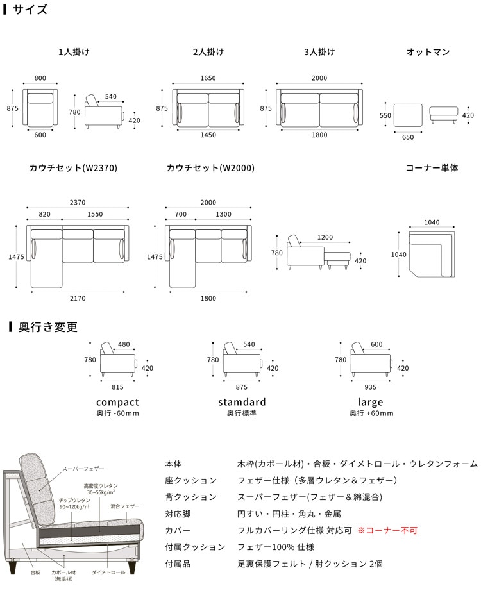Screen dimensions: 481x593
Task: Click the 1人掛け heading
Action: (74, 52)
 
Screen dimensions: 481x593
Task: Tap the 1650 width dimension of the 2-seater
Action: (208, 78)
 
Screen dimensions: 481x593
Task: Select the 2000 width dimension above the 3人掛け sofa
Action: (319, 78)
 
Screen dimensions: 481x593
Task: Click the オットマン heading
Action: (428, 52)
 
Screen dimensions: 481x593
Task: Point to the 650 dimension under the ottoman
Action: (408, 137)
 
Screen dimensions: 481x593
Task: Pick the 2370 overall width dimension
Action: (78, 203)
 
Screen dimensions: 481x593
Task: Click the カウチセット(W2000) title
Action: (210, 168)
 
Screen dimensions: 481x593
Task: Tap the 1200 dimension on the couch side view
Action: (325, 237)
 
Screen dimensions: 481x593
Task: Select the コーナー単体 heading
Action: (432, 168)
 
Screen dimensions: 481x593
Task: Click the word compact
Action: (118, 402)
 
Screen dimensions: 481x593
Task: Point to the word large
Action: (371, 402)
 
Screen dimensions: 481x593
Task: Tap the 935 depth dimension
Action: (371, 387)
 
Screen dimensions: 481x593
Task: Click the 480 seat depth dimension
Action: (124, 344)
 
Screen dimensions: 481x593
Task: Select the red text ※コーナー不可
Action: (387, 531)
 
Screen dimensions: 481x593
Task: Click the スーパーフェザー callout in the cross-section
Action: (83, 469)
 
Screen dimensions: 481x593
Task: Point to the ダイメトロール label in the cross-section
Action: (108, 572)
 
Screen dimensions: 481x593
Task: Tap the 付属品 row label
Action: (178, 564)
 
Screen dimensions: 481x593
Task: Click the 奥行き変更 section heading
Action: (48, 327)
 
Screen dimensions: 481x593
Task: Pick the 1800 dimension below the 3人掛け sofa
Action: (319, 135)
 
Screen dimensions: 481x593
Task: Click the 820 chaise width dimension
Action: (45, 214)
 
